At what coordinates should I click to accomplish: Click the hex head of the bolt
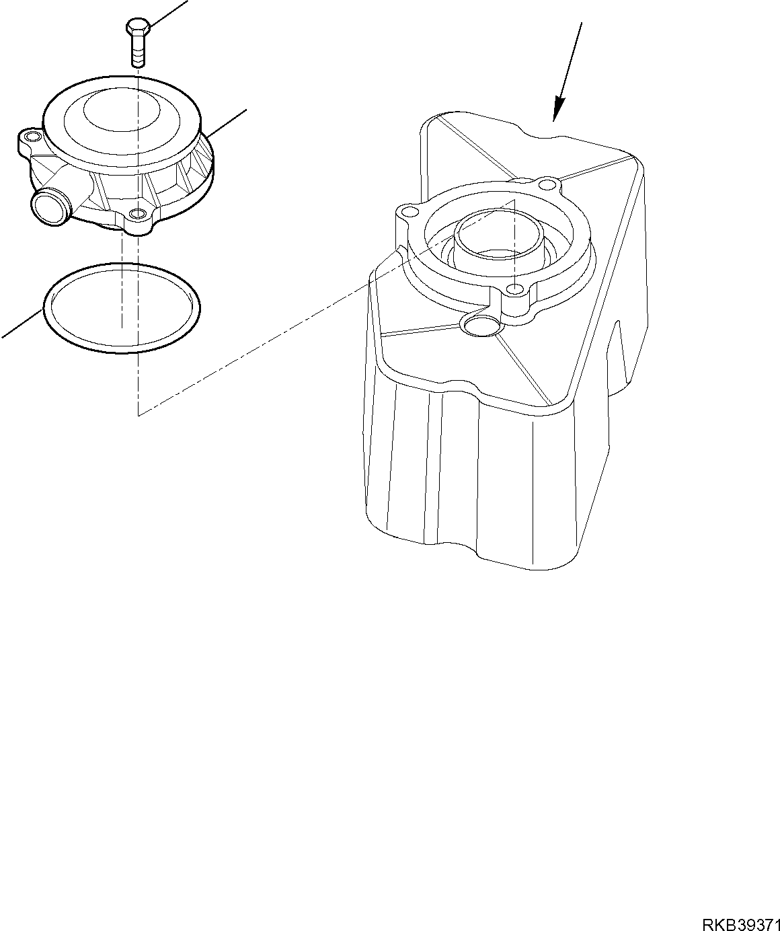[x=136, y=28]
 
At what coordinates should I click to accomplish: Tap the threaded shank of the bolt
[x=137, y=52]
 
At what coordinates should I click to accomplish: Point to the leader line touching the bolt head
[x=168, y=13]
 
